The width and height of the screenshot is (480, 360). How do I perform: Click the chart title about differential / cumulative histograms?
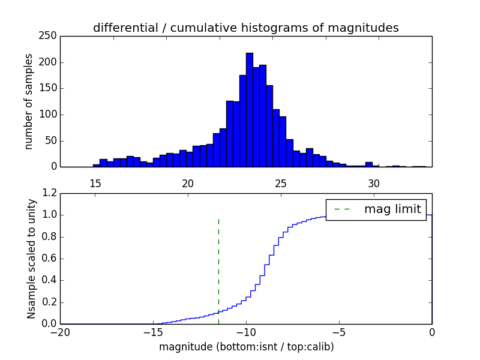point(245,28)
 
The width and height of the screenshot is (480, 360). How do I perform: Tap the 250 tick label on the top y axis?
point(50,36)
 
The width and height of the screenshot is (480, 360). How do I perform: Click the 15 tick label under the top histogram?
point(95,183)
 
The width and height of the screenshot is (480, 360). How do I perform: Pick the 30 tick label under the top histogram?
point(374,183)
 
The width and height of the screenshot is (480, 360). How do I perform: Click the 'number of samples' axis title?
point(29,101)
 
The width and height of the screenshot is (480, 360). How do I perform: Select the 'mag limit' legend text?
point(392,209)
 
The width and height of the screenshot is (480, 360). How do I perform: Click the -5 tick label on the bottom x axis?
point(339,332)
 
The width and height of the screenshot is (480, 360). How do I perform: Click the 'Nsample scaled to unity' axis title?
point(31,259)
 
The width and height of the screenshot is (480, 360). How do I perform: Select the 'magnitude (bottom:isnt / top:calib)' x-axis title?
point(246,347)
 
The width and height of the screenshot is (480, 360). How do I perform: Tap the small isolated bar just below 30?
point(369,164)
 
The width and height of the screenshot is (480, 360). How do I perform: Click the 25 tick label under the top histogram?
point(281,183)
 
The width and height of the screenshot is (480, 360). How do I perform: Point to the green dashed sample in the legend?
point(341,209)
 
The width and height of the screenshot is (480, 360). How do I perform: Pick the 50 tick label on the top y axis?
point(52,141)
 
